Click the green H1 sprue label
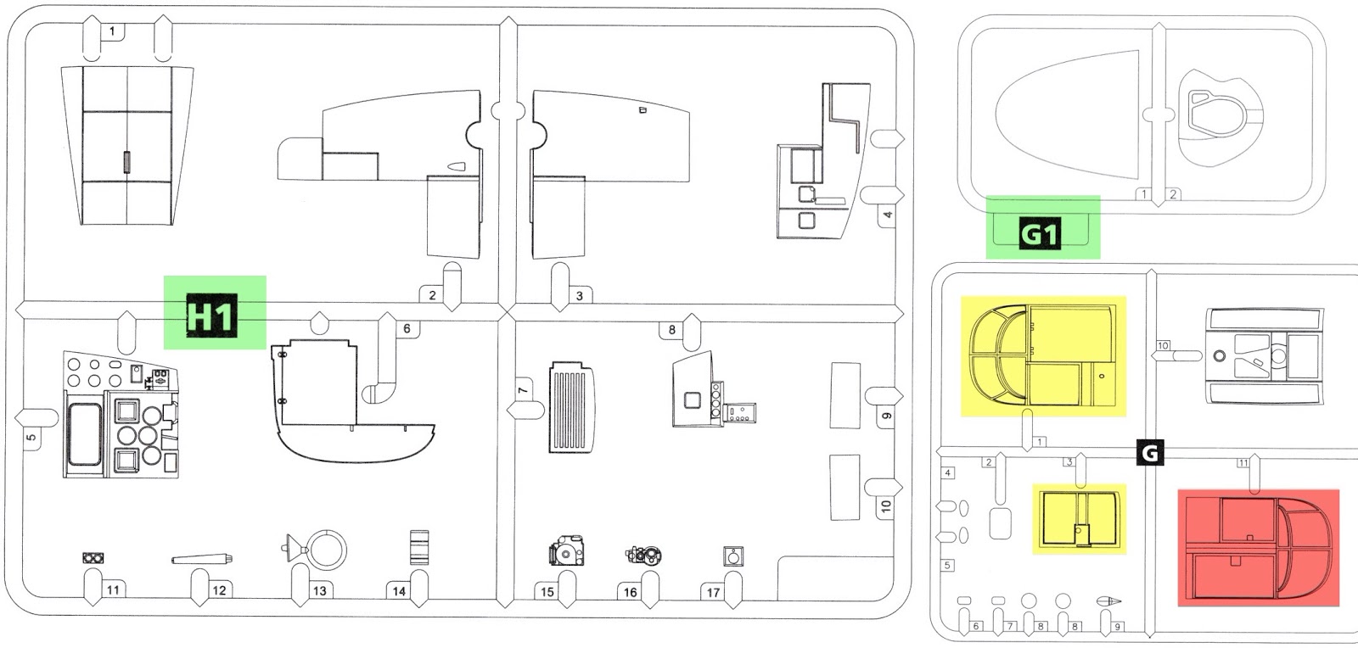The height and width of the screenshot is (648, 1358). (214, 312)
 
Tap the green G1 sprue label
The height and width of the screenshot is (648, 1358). (1042, 227)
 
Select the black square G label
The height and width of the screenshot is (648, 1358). (1149, 453)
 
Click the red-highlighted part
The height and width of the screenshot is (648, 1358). (1258, 547)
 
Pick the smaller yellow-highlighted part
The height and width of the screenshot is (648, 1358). (1079, 519)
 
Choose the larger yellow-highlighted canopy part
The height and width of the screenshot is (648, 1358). (1042, 356)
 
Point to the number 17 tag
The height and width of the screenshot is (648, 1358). (713, 592)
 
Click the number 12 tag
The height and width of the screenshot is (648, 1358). (219, 590)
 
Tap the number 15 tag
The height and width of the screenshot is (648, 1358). (547, 591)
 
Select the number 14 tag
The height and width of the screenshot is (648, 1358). (399, 591)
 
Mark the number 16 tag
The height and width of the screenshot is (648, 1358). (630, 592)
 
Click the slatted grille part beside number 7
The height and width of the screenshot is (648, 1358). (572, 407)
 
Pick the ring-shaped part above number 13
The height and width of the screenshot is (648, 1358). (326, 550)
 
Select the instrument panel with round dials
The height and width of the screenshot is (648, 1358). (121, 416)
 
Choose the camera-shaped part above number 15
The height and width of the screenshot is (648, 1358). (567, 552)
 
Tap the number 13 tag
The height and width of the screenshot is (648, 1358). (319, 590)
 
